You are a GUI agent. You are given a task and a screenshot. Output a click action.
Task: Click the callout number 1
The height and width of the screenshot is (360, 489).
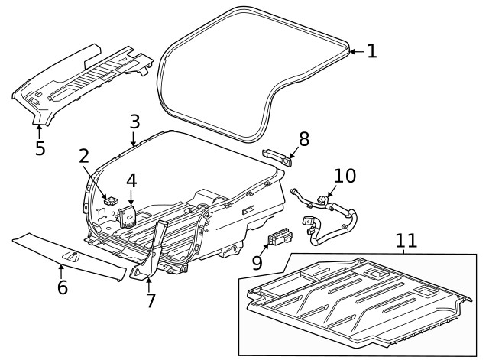[371, 51]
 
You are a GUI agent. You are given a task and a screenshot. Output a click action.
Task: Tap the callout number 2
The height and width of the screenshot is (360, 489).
[85, 157]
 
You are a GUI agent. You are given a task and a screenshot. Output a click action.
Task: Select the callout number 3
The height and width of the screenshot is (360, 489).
[134, 122]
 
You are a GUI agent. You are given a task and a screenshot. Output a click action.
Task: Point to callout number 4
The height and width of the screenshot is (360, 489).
[131, 181]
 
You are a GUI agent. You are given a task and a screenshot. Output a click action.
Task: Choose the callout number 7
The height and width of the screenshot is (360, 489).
[151, 300]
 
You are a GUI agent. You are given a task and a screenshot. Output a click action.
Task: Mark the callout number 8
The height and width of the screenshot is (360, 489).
[303, 138]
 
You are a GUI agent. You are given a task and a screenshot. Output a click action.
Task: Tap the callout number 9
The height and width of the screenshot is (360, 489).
[257, 261]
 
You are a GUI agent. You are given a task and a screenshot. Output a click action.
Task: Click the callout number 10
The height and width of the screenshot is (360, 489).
[345, 176]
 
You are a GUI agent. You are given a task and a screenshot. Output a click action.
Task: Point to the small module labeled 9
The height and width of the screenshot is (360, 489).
[280, 237]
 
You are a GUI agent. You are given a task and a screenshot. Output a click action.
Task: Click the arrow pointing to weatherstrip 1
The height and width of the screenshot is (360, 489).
[355, 51]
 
